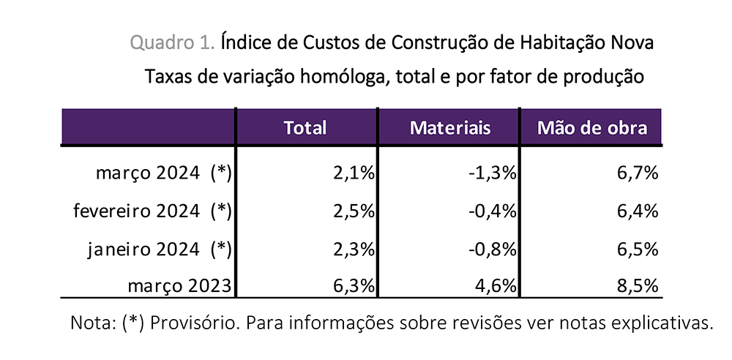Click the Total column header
coord(305,127)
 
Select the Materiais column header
coord(449,127)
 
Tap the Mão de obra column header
coord(591,127)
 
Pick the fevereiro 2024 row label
coord(152,211)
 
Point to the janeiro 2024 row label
coord(157,249)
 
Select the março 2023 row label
coord(179,285)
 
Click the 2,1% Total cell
coord(354,173)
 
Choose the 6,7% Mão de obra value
coord(638,173)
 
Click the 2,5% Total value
coord(354,211)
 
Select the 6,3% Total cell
coord(354,286)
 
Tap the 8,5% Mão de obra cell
coord(638,286)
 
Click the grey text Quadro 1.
coord(173,42)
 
